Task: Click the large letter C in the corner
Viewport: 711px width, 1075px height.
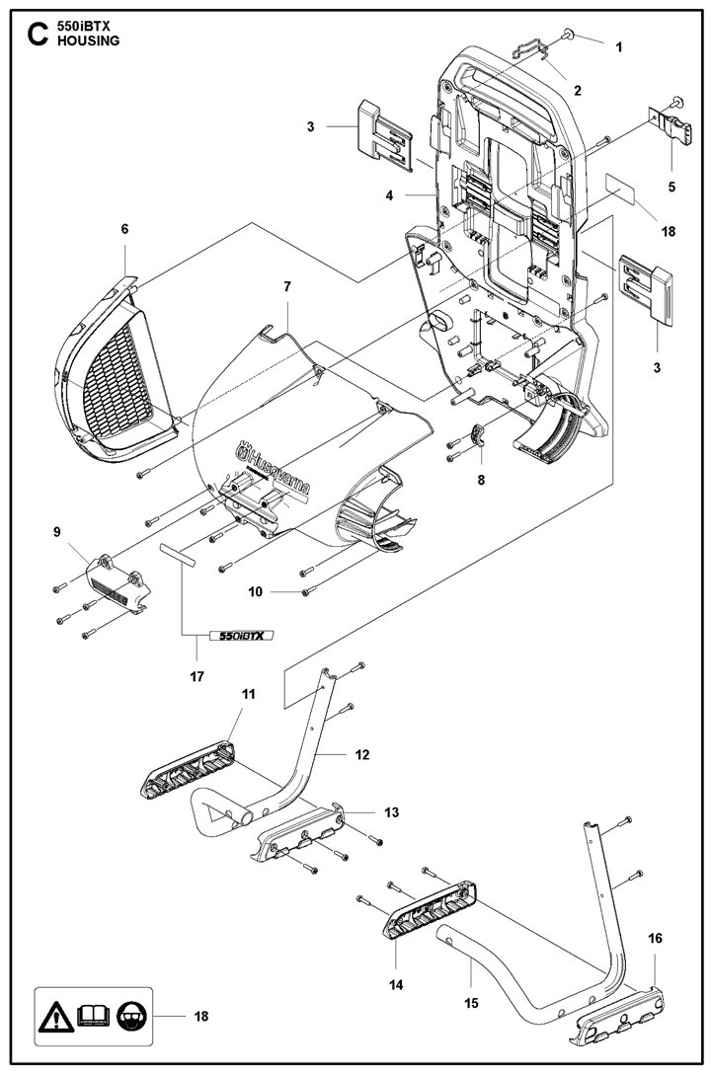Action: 37,35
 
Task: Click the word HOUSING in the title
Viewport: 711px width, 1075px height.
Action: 89,40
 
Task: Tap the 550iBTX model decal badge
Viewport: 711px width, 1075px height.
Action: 241,636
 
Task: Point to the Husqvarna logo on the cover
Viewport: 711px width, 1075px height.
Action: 273,469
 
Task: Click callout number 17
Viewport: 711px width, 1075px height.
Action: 197,676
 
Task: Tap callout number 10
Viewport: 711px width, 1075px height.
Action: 255,591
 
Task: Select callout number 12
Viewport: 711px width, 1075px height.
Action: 362,755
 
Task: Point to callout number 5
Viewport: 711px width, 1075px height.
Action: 671,187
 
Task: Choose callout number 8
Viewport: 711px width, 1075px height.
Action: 481,480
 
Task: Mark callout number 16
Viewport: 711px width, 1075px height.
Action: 655,938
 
